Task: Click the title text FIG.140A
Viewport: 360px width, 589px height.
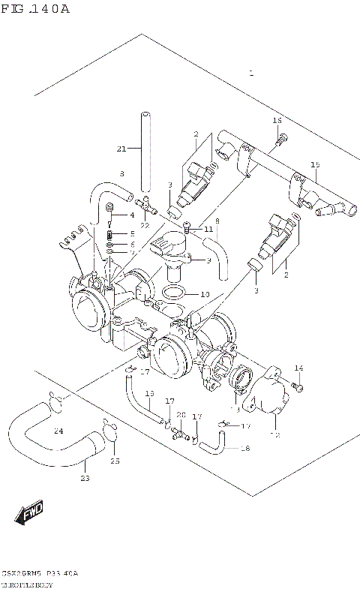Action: pos(35,9)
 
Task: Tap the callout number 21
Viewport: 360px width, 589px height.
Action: pos(121,149)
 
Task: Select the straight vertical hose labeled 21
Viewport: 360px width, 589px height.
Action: pos(145,150)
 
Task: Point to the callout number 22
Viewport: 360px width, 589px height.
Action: pos(145,225)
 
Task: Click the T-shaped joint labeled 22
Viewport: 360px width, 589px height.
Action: pos(144,202)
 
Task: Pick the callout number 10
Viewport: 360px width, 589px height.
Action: pos(205,294)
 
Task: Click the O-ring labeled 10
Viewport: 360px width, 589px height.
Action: pos(172,292)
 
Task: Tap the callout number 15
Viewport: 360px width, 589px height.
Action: pos(315,164)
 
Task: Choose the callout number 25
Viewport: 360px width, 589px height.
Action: pos(115,461)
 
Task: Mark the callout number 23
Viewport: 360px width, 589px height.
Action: pos(85,478)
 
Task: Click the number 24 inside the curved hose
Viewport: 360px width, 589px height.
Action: pos(58,431)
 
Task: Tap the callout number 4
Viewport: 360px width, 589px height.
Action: pos(132,215)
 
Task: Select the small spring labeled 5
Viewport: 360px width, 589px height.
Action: pos(110,233)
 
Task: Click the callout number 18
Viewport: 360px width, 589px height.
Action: pos(244,448)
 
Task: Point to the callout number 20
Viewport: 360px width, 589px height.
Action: pos(180,415)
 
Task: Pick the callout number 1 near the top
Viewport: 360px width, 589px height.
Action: pos(251,74)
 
